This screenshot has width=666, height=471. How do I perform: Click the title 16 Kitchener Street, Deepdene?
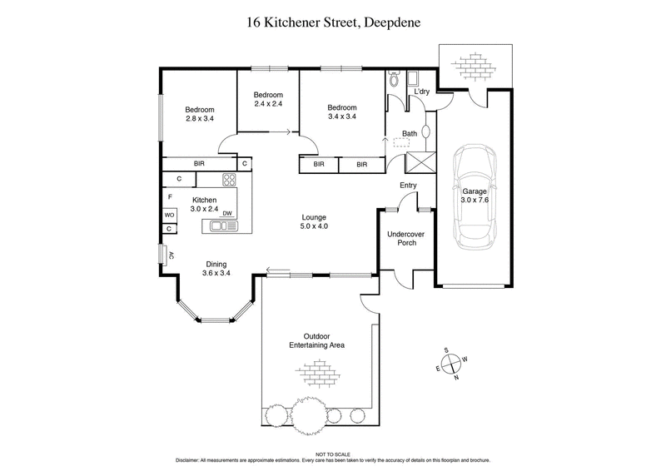tap(333, 22)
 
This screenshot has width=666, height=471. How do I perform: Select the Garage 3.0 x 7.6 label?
tap(475, 196)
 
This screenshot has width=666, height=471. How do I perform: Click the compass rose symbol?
tap(450, 363)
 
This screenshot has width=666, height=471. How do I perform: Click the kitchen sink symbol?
tap(222, 225)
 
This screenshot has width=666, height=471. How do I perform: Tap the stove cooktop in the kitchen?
tap(229, 179)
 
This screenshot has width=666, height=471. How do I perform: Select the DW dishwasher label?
tap(226, 214)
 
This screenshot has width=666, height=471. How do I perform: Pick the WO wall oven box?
tap(169, 214)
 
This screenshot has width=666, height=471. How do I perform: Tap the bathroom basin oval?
tap(426, 132)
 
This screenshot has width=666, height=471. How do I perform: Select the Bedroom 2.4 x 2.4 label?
tap(268, 99)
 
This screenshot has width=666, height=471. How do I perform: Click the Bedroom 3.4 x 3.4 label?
tap(341, 112)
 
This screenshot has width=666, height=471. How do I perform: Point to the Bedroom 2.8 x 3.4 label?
tap(200, 115)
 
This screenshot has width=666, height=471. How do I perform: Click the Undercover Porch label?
tap(407, 240)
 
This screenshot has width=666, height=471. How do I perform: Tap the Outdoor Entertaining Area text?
tap(316, 340)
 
